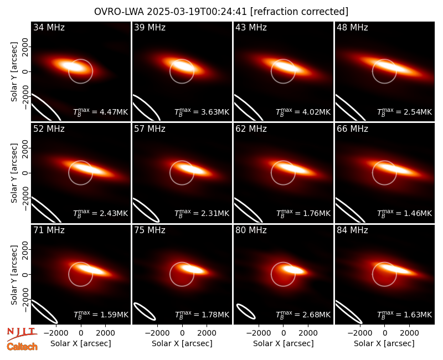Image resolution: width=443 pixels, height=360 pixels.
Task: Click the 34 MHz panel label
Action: (49, 27)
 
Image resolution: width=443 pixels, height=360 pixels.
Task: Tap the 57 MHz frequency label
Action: (150, 129)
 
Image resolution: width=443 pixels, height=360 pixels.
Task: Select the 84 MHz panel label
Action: (352, 230)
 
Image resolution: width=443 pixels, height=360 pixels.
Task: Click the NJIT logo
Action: (22, 334)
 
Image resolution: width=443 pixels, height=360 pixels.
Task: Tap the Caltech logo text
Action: (22, 347)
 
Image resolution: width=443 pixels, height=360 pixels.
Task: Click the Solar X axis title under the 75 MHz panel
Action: (182, 343)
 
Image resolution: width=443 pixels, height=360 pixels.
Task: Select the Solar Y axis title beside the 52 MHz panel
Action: (14, 173)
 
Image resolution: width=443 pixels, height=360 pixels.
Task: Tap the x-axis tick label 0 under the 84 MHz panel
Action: (384, 333)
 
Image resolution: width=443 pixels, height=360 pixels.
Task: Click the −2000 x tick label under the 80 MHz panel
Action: (259, 333)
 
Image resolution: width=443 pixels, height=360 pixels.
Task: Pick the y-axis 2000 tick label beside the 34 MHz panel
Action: (25, 47)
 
